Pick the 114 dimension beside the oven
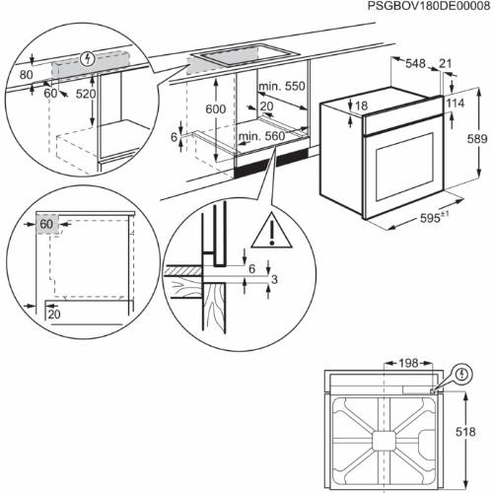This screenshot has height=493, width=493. click(x=454, y=106)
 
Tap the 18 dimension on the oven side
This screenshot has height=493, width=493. click(x=361, y=106)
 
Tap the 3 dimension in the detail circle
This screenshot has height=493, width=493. click(x=277, y=281)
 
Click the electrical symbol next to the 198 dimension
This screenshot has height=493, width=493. click(x=460, y=375)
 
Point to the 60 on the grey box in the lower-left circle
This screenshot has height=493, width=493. click(x=45, y=224)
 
